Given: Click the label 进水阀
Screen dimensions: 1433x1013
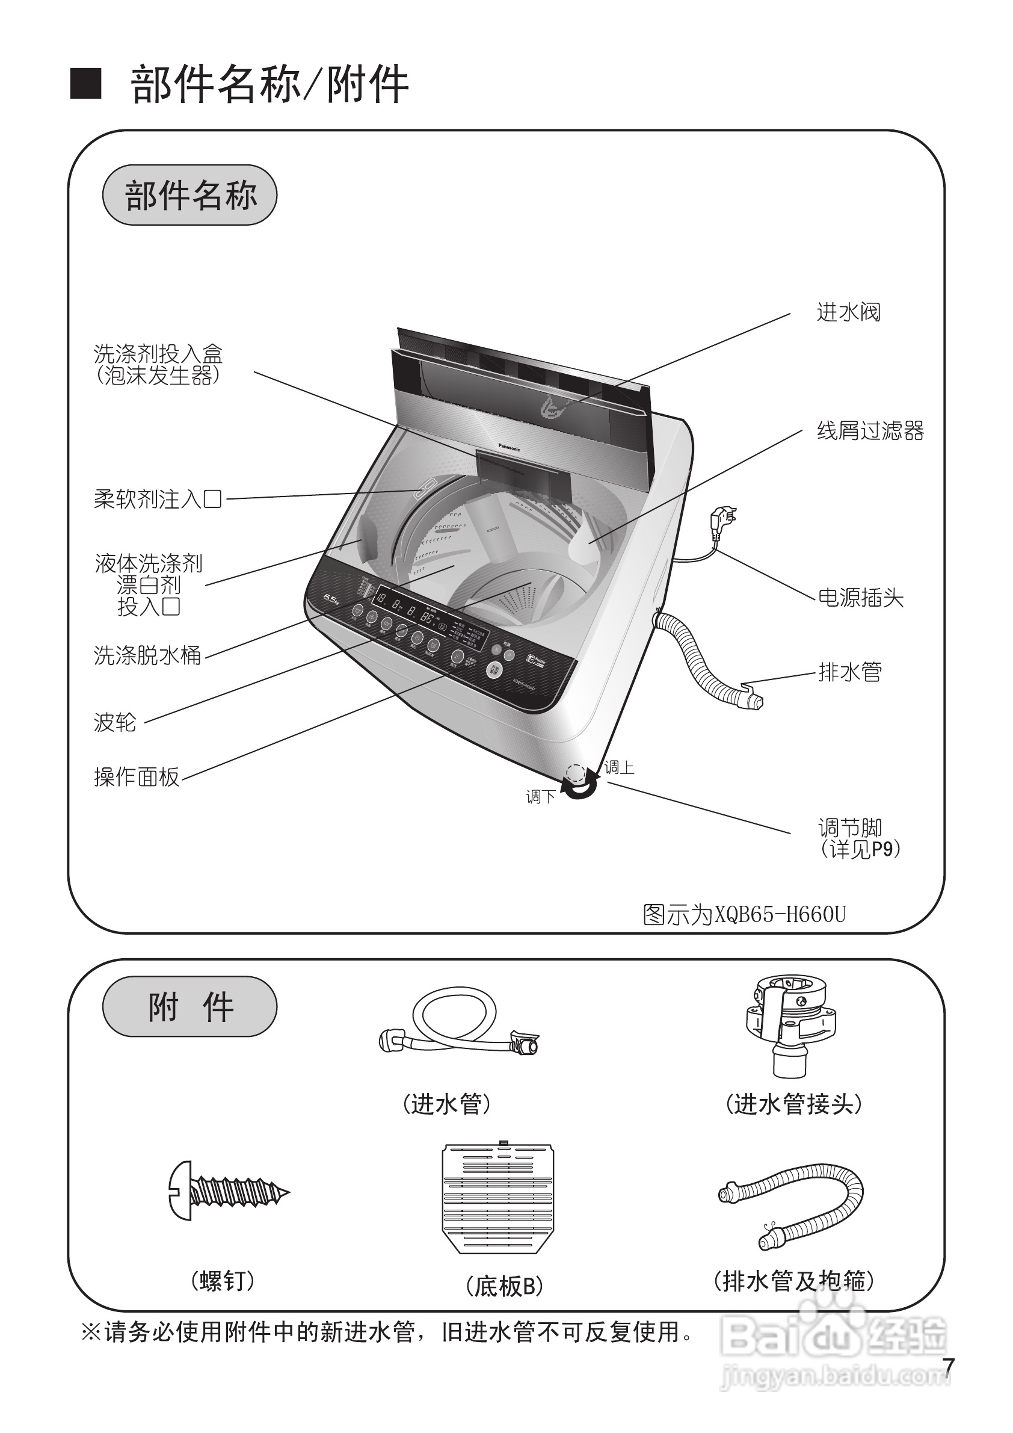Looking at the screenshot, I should point(848,312).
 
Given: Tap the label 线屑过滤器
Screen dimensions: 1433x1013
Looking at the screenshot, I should point(870,431).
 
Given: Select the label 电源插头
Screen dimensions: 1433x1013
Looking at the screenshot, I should point(860,598).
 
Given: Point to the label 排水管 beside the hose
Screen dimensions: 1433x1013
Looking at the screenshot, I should point(849,672).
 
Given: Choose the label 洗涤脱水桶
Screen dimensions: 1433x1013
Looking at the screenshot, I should point(147,655).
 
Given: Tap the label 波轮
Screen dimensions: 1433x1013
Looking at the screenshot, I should point(115,722).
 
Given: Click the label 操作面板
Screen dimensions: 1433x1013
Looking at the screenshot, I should point(137,777).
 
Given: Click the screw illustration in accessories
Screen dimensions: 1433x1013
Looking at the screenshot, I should point(227,1190).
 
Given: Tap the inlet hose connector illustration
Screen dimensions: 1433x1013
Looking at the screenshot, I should point(790,1024).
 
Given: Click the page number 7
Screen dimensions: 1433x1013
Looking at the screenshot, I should point(948,1366).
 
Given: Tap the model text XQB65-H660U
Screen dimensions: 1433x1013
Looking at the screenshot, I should point(780,914).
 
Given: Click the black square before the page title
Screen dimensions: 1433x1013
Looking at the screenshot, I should point(85,84).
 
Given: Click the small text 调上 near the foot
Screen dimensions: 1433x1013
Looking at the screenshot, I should point(620,768).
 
